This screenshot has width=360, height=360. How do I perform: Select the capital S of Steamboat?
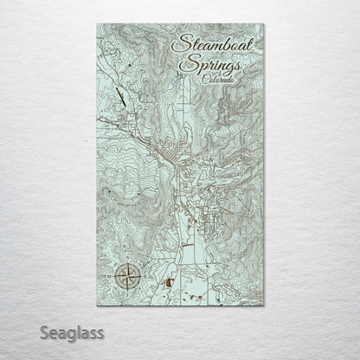(180, 42)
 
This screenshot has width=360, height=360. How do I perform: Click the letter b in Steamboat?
(224, 42)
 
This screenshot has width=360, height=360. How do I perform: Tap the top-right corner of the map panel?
(264, 24)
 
